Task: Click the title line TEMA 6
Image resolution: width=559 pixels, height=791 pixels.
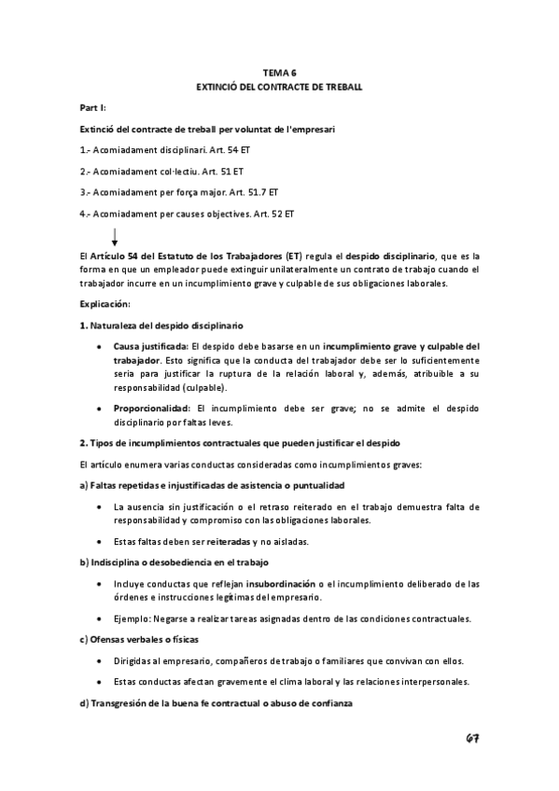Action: click(279, 71)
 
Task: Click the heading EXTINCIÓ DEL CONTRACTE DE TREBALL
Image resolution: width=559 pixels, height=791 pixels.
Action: click(279, 86)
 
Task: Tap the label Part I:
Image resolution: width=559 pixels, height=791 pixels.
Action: click(92, 108)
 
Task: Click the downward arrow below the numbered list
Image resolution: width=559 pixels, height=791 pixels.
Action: click(115, 236)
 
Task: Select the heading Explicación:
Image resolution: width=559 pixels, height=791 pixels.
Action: click(105, 304)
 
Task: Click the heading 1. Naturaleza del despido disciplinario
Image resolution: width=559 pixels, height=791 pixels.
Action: click(161, 326)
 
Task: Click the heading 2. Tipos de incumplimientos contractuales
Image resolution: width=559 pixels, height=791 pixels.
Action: click(239, 442)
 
